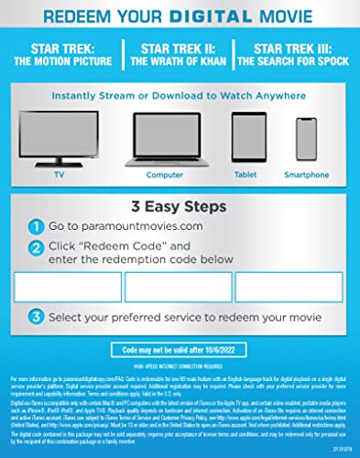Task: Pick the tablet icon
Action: click(243, 136)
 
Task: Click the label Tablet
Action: click(243, 175)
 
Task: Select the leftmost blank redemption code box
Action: click(73, 288)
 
